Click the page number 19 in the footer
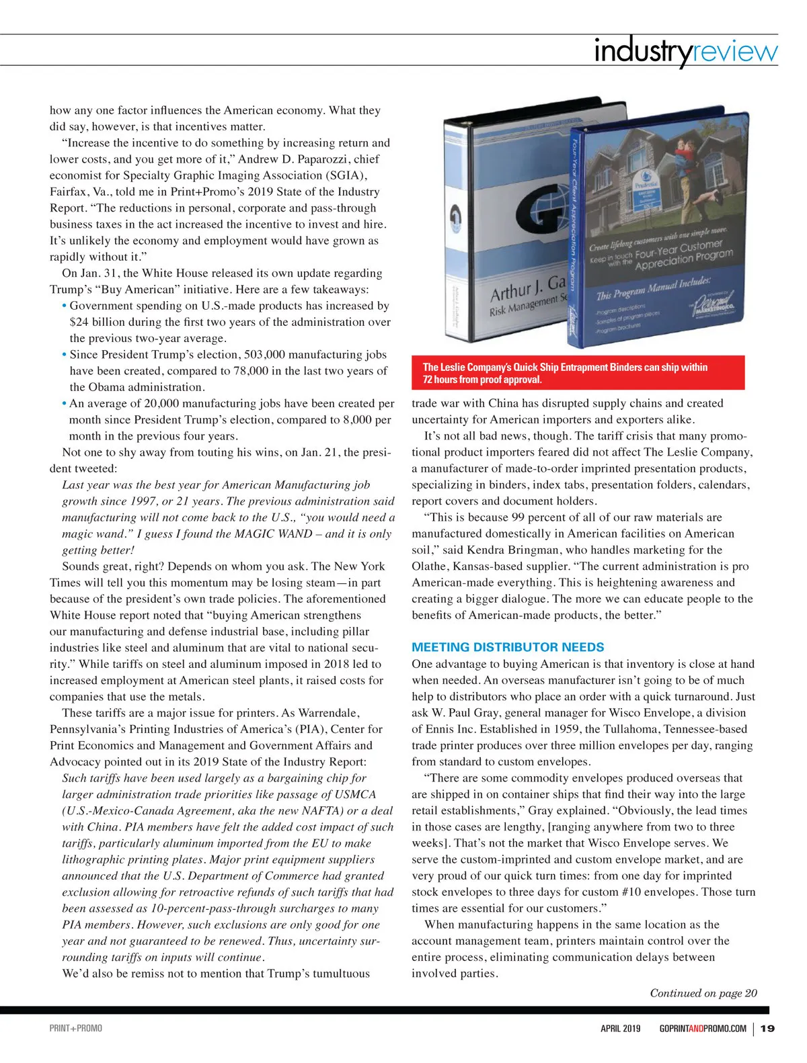point(767,1028)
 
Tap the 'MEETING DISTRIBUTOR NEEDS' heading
point(508,647)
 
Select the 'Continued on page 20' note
point(703,993)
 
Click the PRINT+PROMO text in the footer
point(76,1028)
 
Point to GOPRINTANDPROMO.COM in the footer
point(703,1028)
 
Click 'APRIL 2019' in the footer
point(620,1028)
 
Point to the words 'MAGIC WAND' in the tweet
point(276,534)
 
